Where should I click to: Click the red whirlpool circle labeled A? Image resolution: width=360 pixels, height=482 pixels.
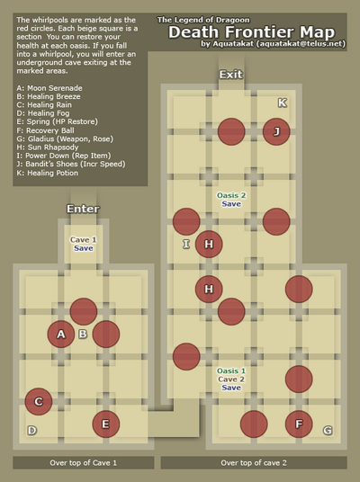tap(61, 335)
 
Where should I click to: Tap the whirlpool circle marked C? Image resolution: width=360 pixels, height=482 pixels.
tap(39, 401)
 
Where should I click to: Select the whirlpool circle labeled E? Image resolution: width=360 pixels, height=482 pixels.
tap(106, 424)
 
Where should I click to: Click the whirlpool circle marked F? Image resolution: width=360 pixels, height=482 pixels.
tap(299, 424)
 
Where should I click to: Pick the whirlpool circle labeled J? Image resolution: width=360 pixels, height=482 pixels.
tap(276, 131)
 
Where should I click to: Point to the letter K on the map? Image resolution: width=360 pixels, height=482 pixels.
tap(283, 103)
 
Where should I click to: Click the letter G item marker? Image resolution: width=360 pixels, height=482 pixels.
tap(328, 431)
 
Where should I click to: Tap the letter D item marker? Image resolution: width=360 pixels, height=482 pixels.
tap(32, 431)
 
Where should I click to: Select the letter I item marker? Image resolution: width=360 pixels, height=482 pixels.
tap(186, 244)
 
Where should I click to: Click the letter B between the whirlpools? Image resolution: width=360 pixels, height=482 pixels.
tap(83, 335)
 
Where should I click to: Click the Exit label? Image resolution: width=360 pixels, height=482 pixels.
tap(231, 75)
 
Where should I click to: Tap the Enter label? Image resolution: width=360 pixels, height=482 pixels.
tap(83, 209)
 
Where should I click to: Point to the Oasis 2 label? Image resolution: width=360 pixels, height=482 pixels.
tap(231, 195)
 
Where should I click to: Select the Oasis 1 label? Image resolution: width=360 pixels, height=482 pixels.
tap(231, 370)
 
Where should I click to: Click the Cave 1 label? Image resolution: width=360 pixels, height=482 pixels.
tap(83, 239)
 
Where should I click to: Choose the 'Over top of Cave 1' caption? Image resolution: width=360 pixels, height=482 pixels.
tap(84, 462)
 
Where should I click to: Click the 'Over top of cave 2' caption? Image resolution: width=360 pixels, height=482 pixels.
tap(254, 462)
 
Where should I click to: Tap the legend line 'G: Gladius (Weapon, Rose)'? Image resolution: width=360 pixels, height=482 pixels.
tap(65, 139)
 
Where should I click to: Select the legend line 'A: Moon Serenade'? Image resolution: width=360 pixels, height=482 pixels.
tap(49, 88)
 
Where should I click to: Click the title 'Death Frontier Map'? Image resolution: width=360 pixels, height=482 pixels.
tap(252, 32)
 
